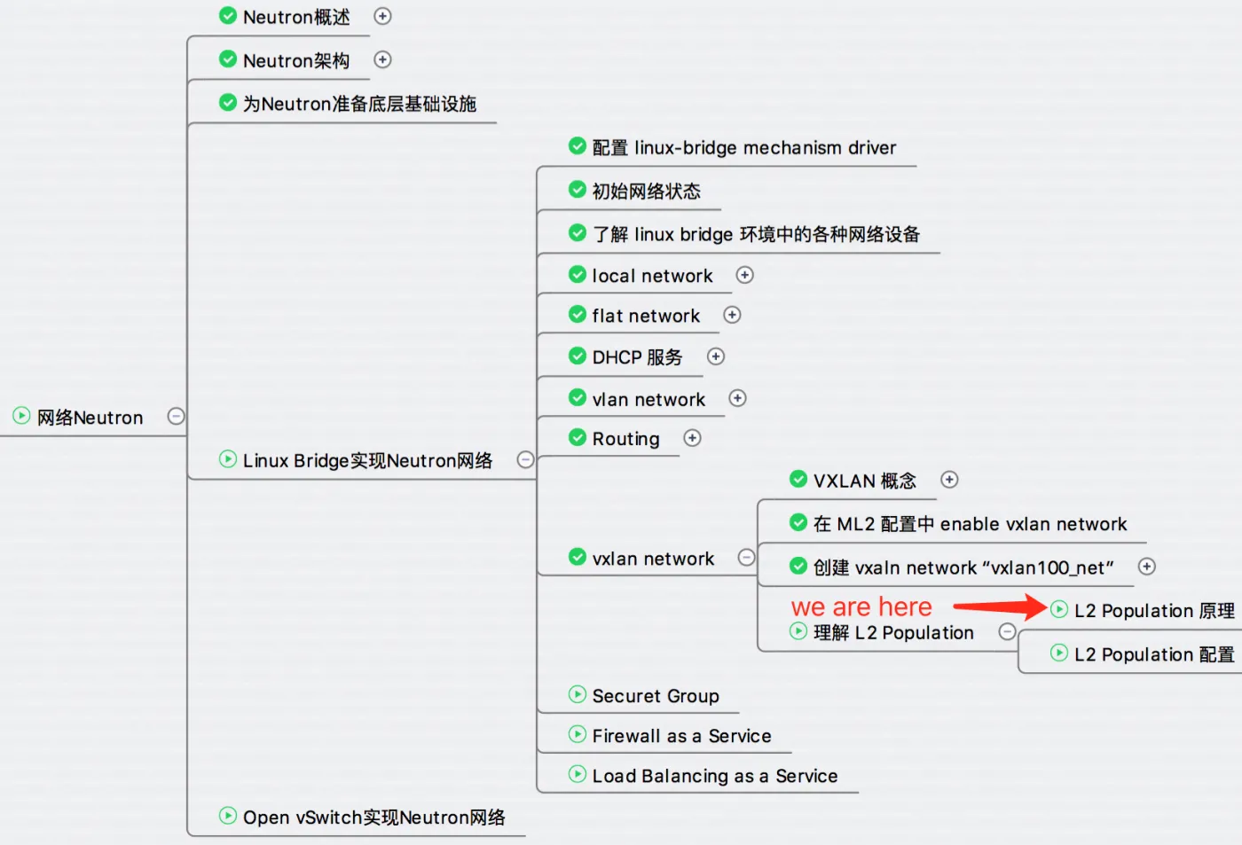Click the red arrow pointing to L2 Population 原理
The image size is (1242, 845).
(x=998, y=607)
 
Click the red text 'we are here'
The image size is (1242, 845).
(x=861, y=607)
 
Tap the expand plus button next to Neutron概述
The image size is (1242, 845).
(x=382, y=16)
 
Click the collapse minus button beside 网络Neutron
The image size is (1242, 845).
(x=176, y=416)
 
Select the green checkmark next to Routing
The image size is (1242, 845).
(x=578, y=438)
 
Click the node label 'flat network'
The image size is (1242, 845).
(x=646, y=316)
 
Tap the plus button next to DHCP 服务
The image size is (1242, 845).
(x=716, y=356)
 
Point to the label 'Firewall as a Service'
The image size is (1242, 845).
(x=681, y=736)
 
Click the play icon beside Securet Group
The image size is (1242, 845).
(x=578, y=694)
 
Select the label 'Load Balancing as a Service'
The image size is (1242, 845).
(x=714, y=776)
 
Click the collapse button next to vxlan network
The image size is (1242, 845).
(x=747, y=557)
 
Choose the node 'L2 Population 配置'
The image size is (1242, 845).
(x=1153, y=654)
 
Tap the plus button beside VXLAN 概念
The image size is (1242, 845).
(x=949, y=480)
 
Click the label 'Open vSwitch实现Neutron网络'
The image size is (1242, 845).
(x=373, y=818)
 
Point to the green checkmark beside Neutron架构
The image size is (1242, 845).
(x=228, y=59)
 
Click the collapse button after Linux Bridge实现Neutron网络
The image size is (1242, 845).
(x=525, y=459)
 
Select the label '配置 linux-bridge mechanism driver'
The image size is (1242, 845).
(x=743, y=147)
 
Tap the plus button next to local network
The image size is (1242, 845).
(x=745, y=275)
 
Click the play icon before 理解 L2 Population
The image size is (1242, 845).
(x=798, y=631)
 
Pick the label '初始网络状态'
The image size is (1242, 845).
(x=646, y=191)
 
